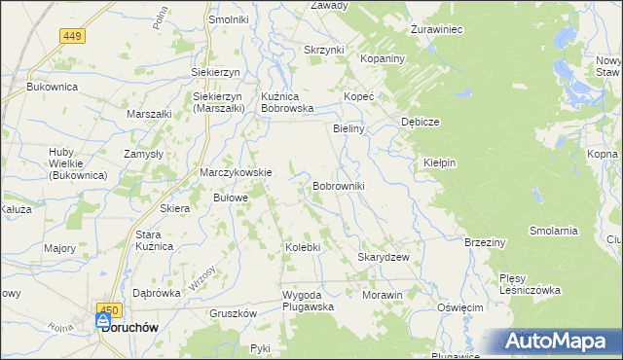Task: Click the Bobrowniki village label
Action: [x=339, y=185]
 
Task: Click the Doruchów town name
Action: [x=129, y=329]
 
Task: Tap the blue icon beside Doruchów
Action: [x=103, y=320]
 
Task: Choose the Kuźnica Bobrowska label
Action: [x=286, y=102]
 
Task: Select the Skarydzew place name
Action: [x=383, y=257]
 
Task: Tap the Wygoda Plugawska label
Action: [x=308, y=300]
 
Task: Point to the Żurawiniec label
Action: [x=436, y=29]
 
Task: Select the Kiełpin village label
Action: [x=440, y=162]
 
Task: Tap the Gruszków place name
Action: [x=233, y=313]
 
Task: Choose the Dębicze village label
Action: [x=421, y=122]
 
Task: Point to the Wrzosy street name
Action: [x=203, y=277]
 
